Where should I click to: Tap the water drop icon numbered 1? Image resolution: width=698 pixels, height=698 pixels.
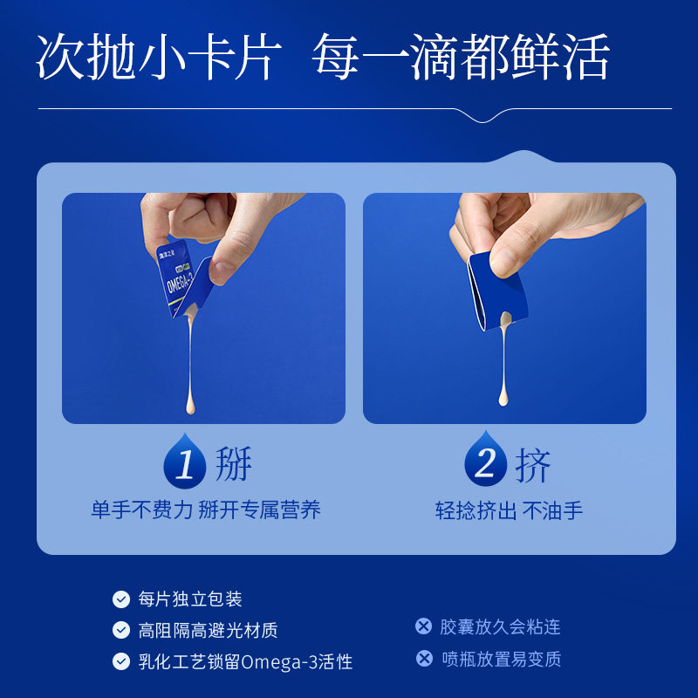point(185,462)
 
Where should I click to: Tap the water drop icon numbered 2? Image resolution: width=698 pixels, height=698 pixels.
point(485,462)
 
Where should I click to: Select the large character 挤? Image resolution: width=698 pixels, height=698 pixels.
point(533,464)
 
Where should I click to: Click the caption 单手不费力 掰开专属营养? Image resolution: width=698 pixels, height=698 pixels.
point(206,510)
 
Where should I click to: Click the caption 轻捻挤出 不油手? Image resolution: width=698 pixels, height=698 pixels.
point(509,510)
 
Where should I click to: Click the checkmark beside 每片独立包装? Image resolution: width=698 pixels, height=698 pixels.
point(121,599)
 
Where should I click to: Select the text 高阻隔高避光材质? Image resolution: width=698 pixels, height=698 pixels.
point(209,630)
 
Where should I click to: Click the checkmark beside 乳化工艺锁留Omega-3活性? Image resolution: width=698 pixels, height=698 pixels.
point(121,661)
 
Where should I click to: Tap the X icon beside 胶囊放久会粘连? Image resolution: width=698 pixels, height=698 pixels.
point(424,626)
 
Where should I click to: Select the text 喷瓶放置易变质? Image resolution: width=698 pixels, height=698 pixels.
point(501,659)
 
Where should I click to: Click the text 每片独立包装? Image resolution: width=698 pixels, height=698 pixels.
point(190,599)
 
